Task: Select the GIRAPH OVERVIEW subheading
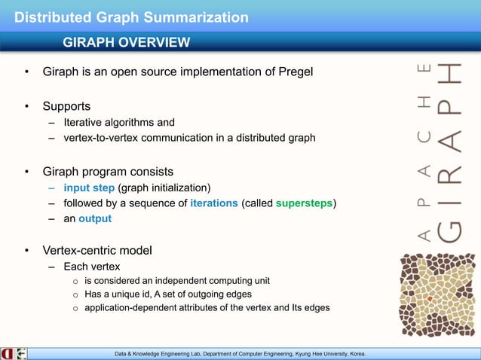click(127, 42)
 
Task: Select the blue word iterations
click(214, 203)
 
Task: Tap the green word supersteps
click(305, 203)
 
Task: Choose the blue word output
click(97, 219)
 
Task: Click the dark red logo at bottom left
click(7, 353)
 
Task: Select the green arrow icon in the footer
click(21, 353)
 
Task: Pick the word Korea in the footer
click(356, 353)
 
